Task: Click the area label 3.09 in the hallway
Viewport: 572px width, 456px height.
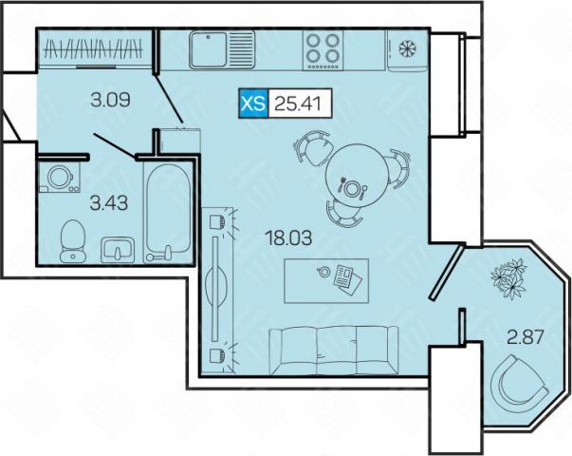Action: (x=110, y=100)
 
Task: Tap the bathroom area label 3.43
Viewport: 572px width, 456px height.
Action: (x=109, y=203)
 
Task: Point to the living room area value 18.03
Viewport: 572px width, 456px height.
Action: (x=289, y=238)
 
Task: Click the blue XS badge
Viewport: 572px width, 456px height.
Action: (x=253, y=104)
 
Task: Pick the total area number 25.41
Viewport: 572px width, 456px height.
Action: (x=298, y=104)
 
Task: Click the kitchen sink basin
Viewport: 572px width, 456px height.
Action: (x=209, y=49)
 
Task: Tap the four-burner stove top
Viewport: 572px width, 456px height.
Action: (x=323, y=49)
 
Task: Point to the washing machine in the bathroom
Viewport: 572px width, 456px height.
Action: (x=60, y=178)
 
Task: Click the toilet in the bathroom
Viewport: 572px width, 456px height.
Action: (x=72, y=240)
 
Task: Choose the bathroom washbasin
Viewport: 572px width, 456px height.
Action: (x=118, y=250)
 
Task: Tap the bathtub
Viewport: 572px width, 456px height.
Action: (x=168, y=213)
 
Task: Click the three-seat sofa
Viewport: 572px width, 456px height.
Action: (x=334, y=351)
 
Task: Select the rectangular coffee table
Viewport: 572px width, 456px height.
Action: (x=326, y=280)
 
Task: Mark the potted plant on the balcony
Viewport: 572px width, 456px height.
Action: (x=507, y=277)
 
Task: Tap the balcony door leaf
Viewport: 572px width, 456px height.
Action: (x=447, y=273)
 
